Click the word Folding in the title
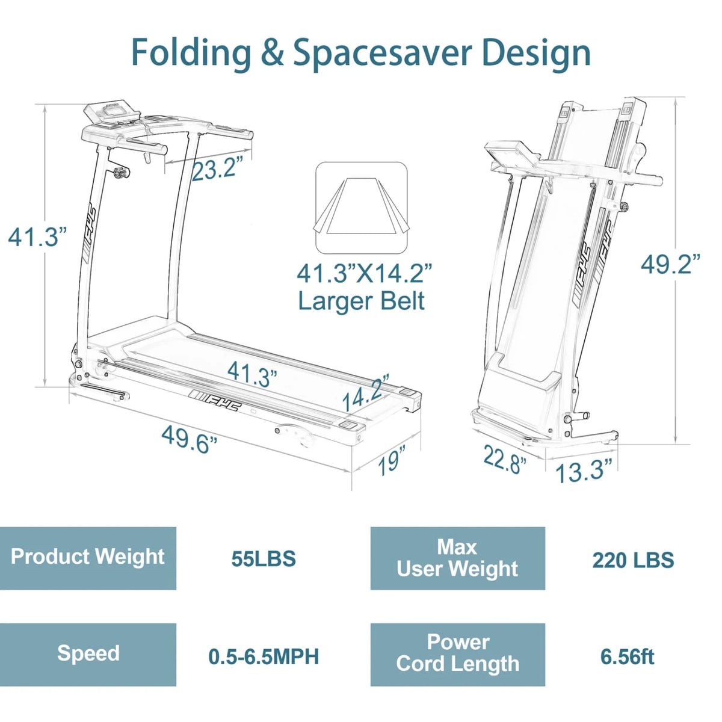click(x=191, y=53)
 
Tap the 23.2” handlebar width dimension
click(x=217, y=168)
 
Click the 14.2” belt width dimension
click(x=366, y=391)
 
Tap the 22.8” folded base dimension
click(x=505, y=459)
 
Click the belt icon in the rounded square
click(x=361, y=208)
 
